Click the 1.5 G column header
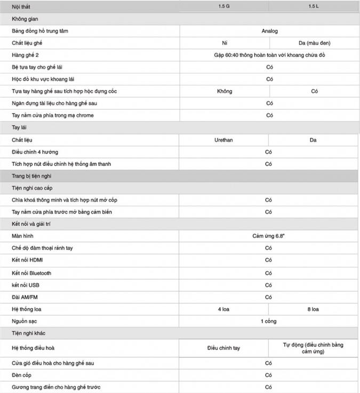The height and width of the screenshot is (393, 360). click(x=224, y=6)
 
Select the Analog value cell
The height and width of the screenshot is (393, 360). click(x=269, y=31)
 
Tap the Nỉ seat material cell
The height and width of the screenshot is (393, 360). click(x=225, y=43)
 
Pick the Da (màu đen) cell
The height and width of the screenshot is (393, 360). click(x=314, y=43)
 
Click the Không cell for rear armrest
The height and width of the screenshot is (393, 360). click(x=225, y=91)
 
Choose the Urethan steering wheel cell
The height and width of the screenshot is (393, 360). click(x=224, y=140)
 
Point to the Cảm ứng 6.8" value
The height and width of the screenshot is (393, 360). click(x=269, y=236)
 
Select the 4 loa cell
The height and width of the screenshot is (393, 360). click(x=224, y=309)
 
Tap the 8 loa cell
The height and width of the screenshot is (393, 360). click(x=314, y=309)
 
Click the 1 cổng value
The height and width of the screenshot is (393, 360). click(x=269, y=321)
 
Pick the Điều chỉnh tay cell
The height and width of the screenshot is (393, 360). click(x=224, y=348)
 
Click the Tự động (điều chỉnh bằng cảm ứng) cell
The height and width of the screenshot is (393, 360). click(x=314, y=348)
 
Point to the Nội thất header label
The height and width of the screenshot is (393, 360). click(x=22, y=6)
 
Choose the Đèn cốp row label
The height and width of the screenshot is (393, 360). click(x=22, y=375)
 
